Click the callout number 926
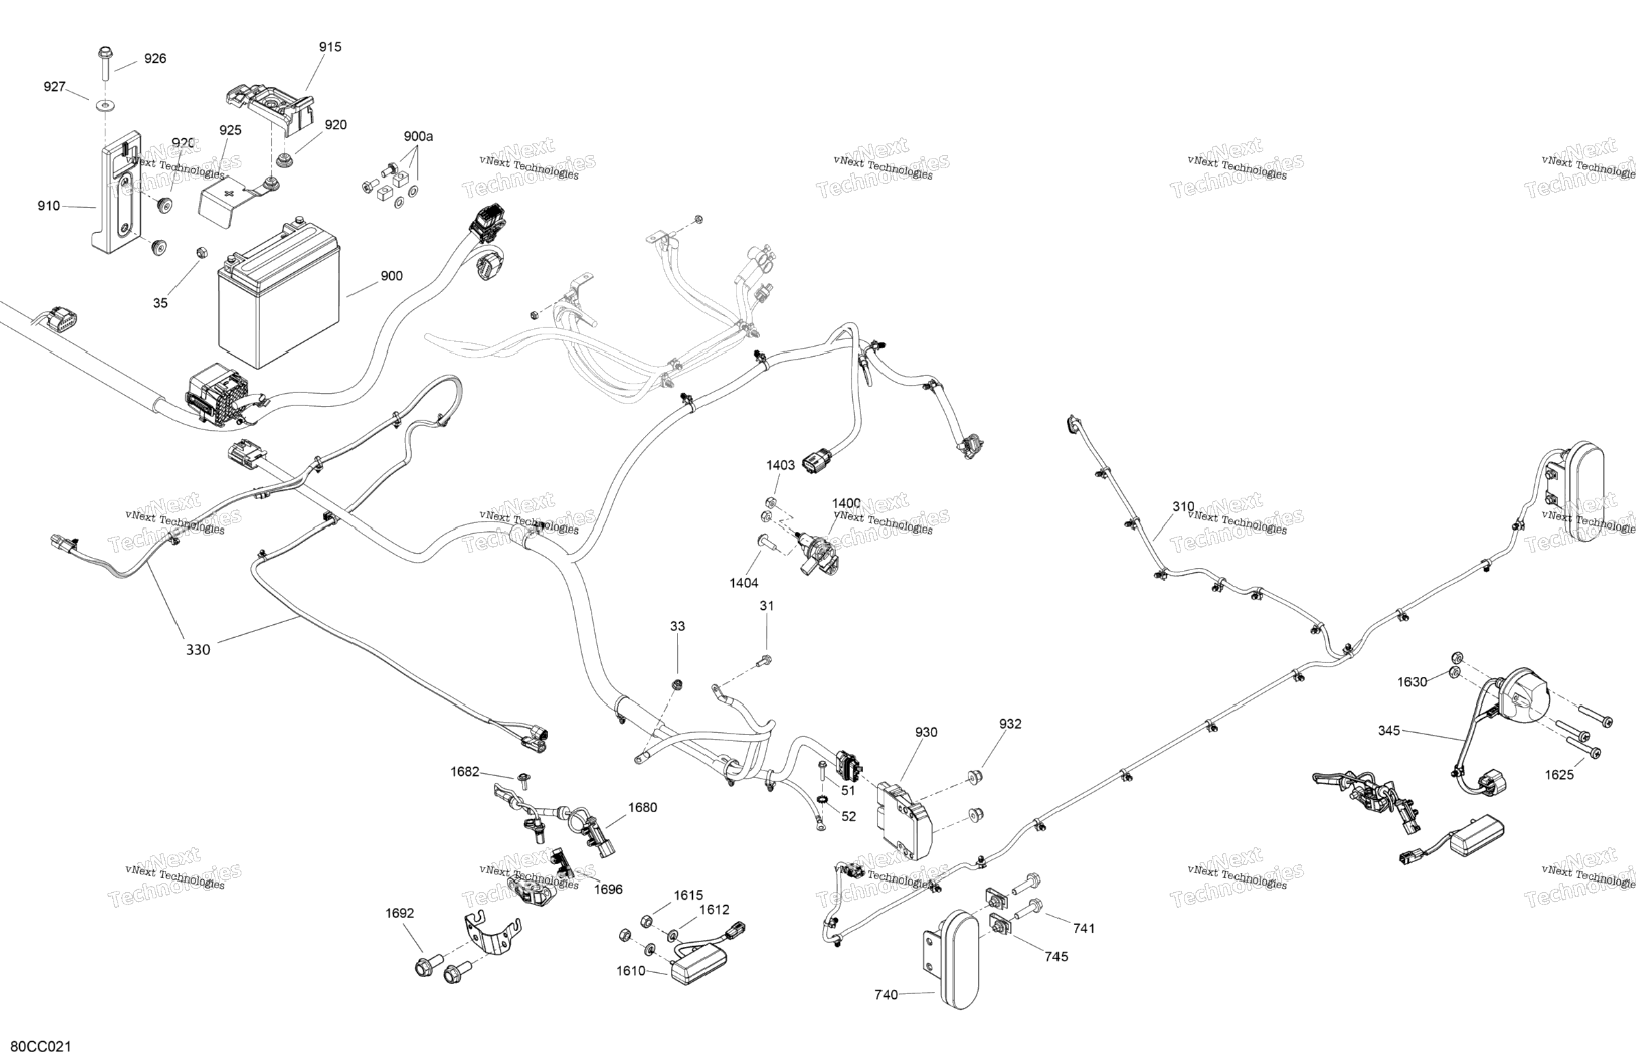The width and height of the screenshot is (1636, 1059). [x=155, y=58]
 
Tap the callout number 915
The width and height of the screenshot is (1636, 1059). [x=330, y=46]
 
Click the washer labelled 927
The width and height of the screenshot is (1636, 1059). [x=105, y=106]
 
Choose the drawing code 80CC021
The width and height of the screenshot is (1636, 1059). [x=40, y=1047]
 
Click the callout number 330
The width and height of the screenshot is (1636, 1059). [x=198, y=649]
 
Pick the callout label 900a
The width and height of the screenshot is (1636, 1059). [x=418, y=136]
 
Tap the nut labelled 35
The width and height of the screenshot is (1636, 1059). [x=202, y=252]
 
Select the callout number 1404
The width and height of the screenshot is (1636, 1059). [x=743, y=582]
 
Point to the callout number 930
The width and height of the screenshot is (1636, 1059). [x=926, y=732]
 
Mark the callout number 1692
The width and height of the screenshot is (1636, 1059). [x=399, y=913]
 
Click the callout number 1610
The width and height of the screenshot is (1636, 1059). [x=631, y=970]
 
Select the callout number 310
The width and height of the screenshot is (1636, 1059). [x=1183, y=507]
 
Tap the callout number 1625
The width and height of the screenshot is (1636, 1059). [x=1559, y=775]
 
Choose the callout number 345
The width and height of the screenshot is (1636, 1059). [x=1388, y=731]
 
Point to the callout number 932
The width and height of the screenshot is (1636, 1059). [x=1010, y=723]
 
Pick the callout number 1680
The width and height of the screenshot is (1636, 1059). [x=643, y=807]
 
